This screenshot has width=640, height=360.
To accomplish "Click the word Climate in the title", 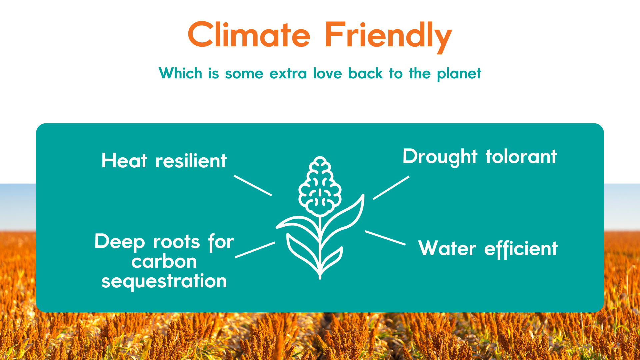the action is pos(249,35).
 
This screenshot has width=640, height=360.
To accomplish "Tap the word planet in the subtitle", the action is pos(459,74).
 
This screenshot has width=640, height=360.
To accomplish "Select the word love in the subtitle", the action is pos(327,73).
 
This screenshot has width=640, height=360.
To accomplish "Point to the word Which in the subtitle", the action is pos(180,73).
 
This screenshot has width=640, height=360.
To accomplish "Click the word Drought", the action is pos(440,157).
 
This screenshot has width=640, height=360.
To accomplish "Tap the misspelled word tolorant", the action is pos(521,156).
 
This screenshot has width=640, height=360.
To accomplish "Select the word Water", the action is pos(447,248).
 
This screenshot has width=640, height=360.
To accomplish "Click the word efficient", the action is pos(521,249).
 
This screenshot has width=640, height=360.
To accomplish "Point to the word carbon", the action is pos(164,261).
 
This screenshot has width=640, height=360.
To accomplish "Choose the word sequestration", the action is pos(164,281).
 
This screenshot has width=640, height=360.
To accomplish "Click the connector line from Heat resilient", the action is pos(253,185).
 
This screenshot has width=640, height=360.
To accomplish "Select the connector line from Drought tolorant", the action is pos(391,188).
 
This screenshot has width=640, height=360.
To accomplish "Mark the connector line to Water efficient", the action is pos(385,238).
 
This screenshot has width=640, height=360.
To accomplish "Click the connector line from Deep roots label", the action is pos(255,250).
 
